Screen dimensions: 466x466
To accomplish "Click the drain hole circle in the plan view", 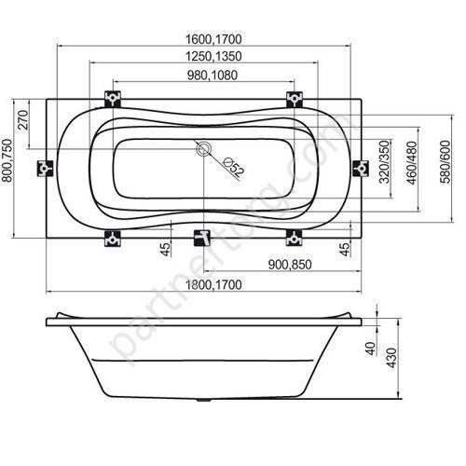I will click(x=203, y=148).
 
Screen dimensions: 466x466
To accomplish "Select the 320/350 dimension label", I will click(x=381, y=165).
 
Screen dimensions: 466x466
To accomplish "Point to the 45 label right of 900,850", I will click(x=345, y=249).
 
